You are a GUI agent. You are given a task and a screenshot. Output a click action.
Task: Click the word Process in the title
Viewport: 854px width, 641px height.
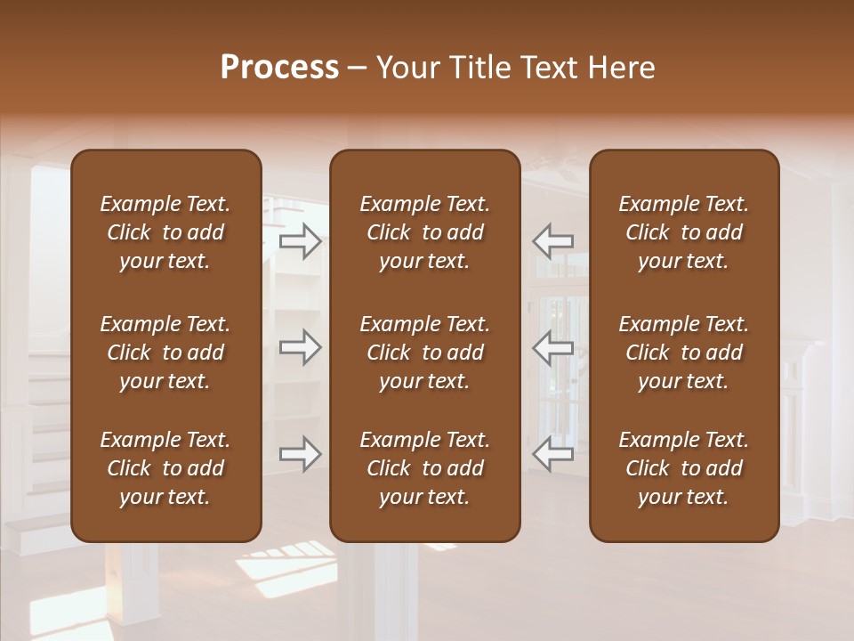click(279, 68)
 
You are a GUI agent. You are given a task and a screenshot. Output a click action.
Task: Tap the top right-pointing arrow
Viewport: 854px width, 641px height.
click(301, 241)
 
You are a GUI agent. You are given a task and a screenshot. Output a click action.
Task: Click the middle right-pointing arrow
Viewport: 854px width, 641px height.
click(301, 346)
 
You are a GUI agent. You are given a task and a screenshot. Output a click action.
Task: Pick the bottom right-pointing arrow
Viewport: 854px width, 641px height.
click(301, 454)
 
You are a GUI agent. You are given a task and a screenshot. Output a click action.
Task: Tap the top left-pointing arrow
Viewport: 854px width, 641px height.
click(552, 241)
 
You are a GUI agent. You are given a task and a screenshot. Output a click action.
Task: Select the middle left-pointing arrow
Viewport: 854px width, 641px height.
click(552, 346)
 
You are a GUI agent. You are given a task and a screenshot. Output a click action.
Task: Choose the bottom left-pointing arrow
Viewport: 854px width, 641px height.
click(552, 454)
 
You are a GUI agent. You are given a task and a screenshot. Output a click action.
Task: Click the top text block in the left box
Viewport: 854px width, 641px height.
click(165, 232)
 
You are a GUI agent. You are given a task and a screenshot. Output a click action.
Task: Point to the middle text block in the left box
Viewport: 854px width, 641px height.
click(165, 353)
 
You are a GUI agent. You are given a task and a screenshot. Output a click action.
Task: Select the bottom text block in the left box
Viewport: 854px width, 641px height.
click(165, 468)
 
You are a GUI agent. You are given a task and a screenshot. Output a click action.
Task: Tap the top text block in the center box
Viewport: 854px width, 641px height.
click(425, 232)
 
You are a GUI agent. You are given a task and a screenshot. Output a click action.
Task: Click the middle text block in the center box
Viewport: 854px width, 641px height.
click(425, 353)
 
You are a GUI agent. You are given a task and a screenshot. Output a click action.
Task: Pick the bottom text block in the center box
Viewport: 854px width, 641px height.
click(425, 468)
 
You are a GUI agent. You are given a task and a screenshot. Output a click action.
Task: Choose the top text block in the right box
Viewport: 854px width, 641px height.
click(684, 232)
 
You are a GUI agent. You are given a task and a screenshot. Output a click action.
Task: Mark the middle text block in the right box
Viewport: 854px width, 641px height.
click(684, 353)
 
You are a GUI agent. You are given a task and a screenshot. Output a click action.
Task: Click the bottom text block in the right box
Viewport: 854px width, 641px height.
click(684, 468)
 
